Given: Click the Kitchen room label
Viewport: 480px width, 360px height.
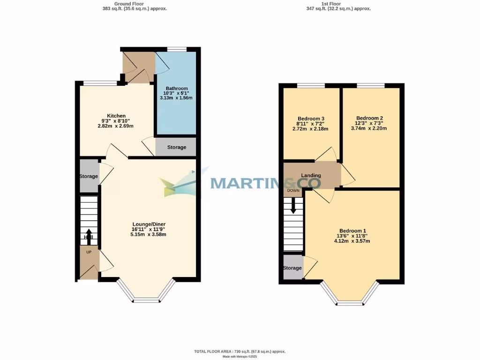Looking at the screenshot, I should pos(116,116).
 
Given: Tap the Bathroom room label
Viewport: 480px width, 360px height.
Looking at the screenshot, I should pos(176,88).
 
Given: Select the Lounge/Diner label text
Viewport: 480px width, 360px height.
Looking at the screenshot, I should pos(149,224).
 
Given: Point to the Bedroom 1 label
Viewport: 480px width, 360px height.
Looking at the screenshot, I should pos(352,231).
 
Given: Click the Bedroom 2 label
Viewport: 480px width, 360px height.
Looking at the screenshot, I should pos(369,118).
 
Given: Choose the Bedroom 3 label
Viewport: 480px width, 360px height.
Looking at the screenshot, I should pos(311,119).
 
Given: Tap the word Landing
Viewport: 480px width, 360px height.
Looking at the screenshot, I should pos(311,175).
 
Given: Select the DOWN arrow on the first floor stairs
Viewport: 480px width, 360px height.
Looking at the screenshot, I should pos(293,205).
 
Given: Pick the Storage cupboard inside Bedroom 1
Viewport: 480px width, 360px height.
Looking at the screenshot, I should pos(292,268).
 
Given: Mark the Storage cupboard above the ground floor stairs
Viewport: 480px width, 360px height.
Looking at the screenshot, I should pos(89,176).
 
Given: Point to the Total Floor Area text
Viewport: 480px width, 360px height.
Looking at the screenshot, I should pos(240,351).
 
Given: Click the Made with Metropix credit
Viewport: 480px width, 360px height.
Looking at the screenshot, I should pos(240,357).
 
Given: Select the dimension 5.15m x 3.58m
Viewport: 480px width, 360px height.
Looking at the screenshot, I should pos(149,234).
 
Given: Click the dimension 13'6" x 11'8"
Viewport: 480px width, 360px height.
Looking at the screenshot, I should pos(352,236).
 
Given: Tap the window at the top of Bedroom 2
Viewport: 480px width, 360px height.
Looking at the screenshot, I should pos(370,85).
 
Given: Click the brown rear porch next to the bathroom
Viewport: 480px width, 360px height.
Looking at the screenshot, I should pos(137,67).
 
